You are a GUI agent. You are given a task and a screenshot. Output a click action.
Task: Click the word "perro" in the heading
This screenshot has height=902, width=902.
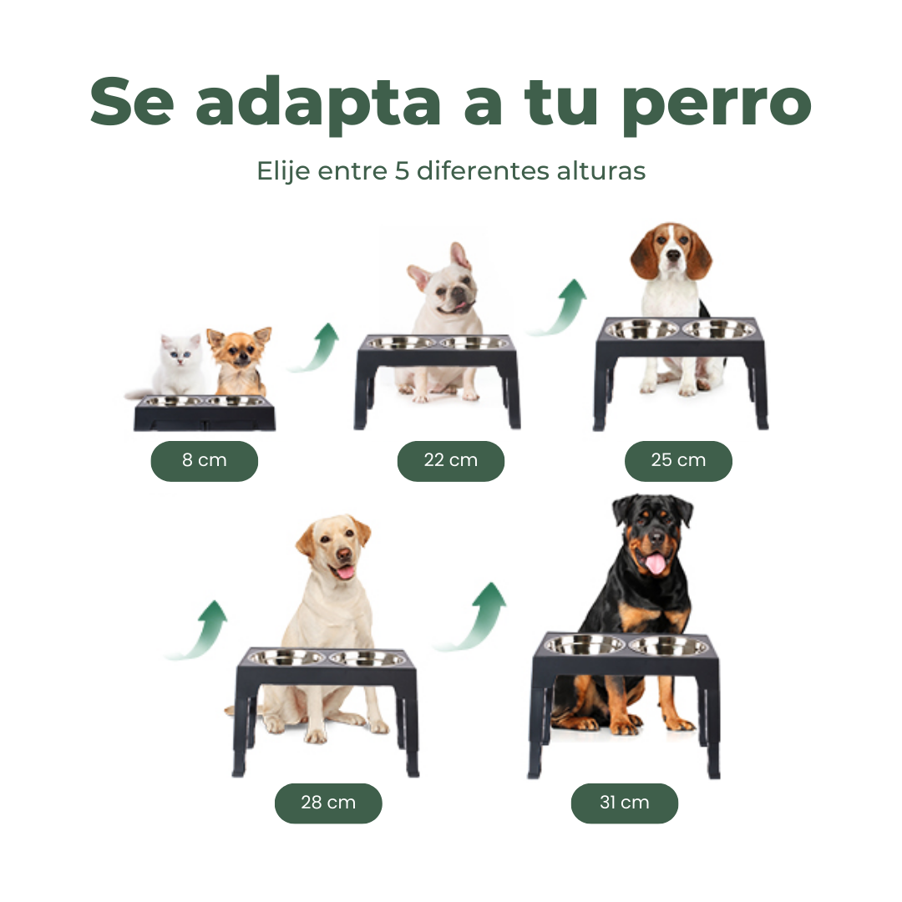coord(717,106)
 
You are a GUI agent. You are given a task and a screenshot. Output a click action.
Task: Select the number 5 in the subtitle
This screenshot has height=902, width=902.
coord(402,171)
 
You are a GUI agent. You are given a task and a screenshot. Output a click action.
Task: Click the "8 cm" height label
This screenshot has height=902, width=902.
coord(205,461)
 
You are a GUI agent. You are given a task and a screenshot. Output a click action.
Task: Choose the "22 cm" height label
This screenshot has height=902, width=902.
coord(451,461)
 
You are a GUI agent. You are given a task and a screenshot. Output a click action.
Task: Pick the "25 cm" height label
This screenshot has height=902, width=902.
coord(678,461)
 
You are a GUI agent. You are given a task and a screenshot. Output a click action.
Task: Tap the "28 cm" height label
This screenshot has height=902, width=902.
coord(328,803)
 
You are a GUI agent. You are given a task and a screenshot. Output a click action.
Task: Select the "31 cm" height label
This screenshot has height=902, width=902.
coord(625,803)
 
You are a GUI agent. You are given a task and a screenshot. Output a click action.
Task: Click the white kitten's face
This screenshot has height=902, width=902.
coord(181,352)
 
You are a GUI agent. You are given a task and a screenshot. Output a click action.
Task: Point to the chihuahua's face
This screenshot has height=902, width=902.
coord(240,350)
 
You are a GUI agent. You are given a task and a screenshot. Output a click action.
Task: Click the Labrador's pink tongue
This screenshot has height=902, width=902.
coord(345,572)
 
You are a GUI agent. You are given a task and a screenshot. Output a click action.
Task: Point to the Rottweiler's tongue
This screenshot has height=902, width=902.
coord(655,563)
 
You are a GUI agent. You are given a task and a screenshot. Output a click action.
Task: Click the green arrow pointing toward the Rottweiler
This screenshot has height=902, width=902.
coord(474,617)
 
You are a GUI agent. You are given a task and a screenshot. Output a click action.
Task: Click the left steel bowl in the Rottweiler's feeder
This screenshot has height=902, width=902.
coord(585,645)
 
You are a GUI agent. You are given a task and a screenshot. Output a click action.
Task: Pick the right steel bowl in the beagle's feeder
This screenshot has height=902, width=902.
coord(719,330)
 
